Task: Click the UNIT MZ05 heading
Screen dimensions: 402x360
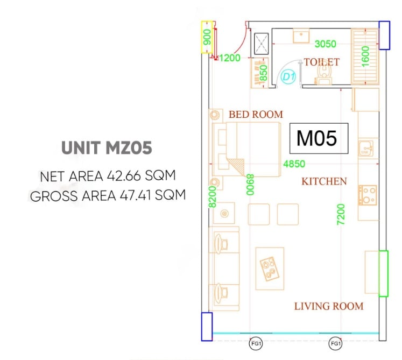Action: [x=107, y=147]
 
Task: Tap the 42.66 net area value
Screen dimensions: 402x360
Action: [x=124, y=176]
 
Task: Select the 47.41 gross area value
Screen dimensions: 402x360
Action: [x=136, y=195]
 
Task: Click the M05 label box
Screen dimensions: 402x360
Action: [x=319, y=138]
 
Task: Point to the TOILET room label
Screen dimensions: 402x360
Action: [x=321, y=62]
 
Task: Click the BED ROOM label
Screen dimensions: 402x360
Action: [x=256, y=115]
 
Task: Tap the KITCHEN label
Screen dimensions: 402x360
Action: [x=324, y=181]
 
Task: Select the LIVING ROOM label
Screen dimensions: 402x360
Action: [x=329, y=306]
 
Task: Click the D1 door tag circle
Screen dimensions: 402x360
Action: [x=288, y=76]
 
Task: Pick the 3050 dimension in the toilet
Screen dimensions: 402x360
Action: [x=325, y=44]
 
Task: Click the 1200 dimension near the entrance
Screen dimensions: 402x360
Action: [x=230, y=58]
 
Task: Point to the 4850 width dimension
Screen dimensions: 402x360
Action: [x=294, y=164]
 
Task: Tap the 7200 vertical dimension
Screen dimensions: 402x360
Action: [x=341, y=214]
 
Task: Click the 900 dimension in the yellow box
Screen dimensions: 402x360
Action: [x=207, y=37]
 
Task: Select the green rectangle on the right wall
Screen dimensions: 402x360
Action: [x=383, y=273]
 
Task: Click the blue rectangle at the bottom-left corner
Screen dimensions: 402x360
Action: [x=207, y=327]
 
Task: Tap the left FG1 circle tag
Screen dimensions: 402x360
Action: [x=256, y=343]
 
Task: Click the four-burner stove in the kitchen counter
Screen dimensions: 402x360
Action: [x=368, y=195]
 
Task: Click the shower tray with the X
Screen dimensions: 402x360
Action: [x=261, y=44]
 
